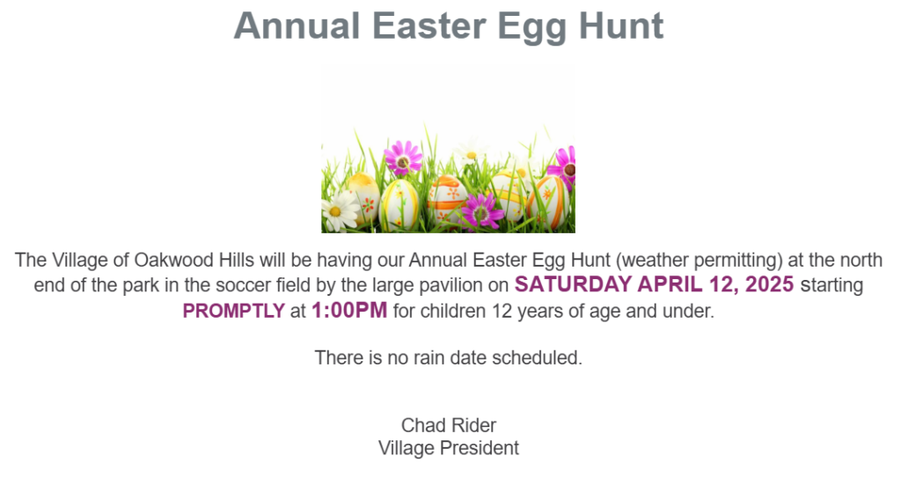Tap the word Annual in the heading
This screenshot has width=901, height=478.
[297, 26]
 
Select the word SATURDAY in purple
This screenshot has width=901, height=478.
[573, 284]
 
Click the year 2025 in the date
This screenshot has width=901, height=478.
[769, 284]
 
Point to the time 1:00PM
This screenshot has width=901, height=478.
[349, 311]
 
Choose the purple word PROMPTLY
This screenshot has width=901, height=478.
[234, 312]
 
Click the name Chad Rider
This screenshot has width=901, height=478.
[448, 425]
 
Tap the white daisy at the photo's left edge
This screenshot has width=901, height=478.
[339, 211]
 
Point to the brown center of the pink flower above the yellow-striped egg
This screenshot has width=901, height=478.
[403, 164]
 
